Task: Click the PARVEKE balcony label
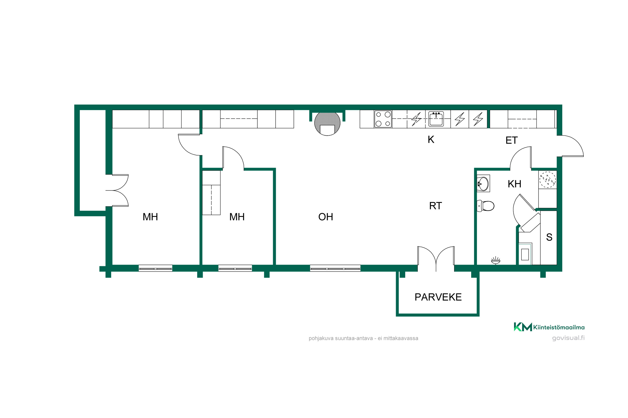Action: click(x=438, y=297)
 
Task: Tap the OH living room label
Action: click(x=326, y=217)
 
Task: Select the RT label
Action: click(x=435, y=206)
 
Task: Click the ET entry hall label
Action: click(x=512, y=140)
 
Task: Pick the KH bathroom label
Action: click(x=514, y=184)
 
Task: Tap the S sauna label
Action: click(x=549, y=237)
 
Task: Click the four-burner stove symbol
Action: click(x=383, y=119)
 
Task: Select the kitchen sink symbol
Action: click(x=436, y=119)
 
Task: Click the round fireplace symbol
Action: click(x=327, y=124)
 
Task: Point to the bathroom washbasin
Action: click(x=483, y=184)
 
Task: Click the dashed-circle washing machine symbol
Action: click(x=548, y=180)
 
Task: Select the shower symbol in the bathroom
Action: click(x=495, y=260)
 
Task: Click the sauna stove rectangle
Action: click(x=525, y=254)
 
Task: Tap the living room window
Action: click(x=335, y=268)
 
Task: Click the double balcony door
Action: click(x=436, y=259)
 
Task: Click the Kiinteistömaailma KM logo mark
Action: click(x=523, y=327)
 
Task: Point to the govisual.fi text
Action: click(x=568, y=338)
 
